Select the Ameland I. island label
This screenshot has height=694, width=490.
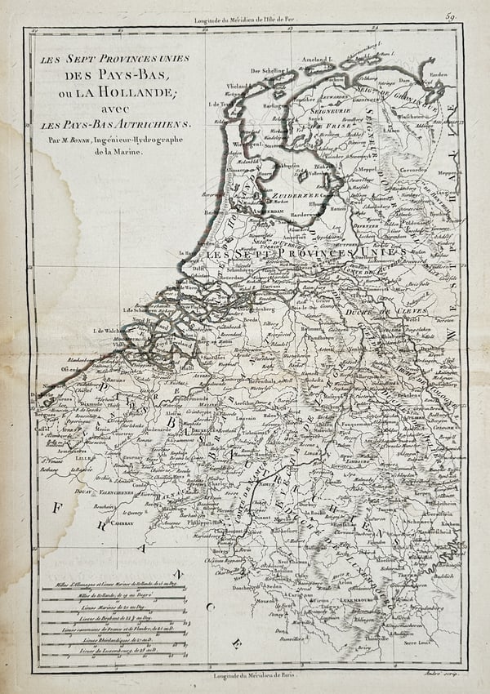coord(319,60)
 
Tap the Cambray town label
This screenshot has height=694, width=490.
coord(125,520)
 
